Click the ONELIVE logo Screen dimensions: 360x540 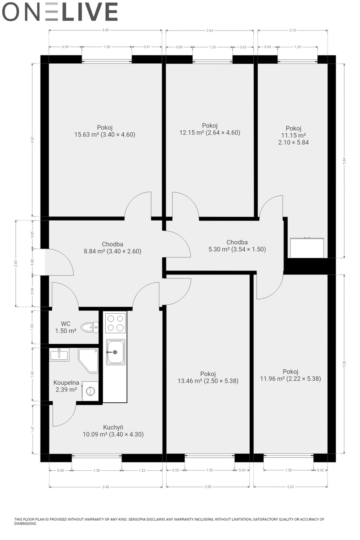[60, 12]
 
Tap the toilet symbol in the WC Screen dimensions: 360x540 [90, 327]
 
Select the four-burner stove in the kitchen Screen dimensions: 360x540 [115, 323]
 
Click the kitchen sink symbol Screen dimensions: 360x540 [116, 352]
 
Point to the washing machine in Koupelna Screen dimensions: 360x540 [90, 391]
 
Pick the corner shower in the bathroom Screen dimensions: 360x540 [88, 360]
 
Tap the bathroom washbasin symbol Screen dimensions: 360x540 [59, 354]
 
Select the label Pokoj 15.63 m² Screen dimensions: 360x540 [105, 131]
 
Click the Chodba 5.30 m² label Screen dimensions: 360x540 [237, 246]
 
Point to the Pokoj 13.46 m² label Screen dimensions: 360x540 [208, 377]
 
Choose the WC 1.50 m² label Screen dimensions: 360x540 [66, 327]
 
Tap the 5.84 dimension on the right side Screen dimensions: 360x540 [344, 161]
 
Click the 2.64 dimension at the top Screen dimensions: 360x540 [210, 31]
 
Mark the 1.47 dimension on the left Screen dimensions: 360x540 [32, 429]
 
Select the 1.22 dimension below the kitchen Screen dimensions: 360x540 [142, 470]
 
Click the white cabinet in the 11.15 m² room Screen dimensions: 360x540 [307, 248]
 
